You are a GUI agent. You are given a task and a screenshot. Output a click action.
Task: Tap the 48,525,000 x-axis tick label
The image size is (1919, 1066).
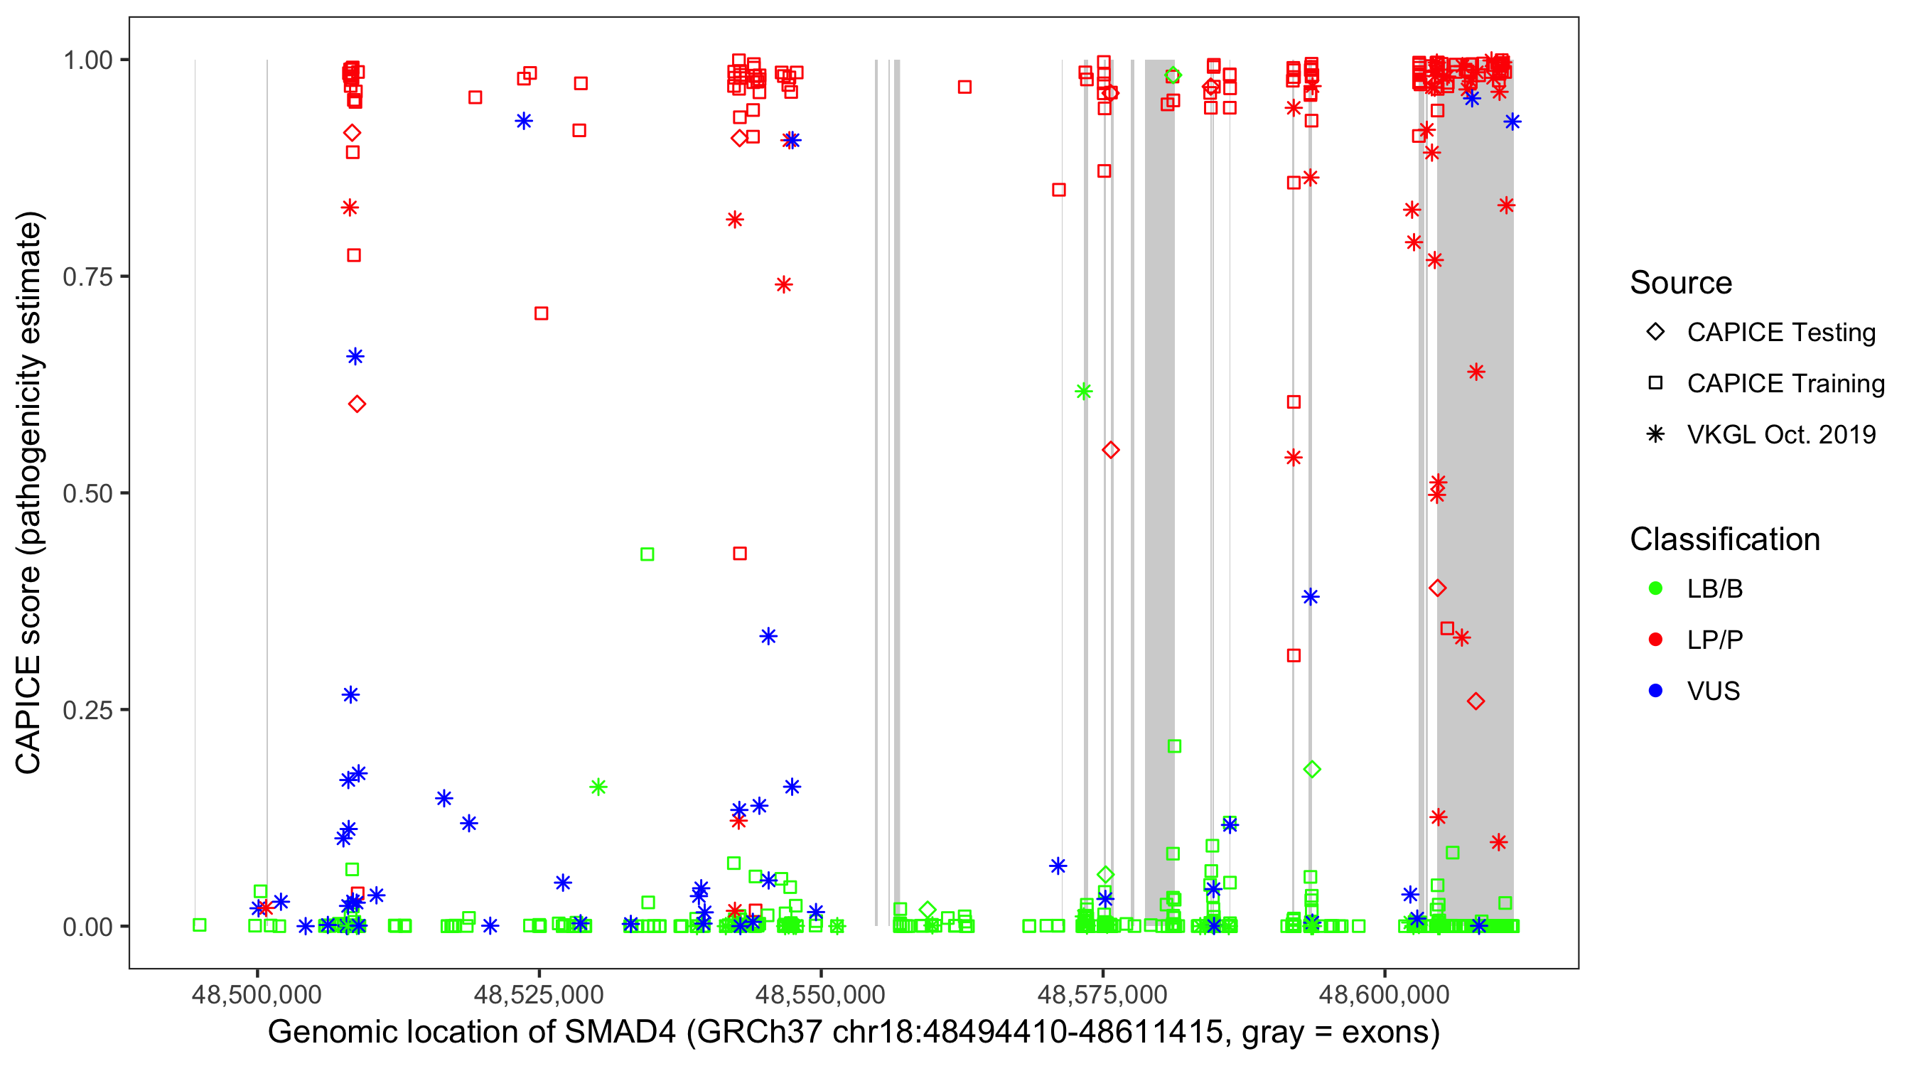coord(539,994)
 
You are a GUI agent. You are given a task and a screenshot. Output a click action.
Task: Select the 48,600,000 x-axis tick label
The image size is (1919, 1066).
coord(1384,994)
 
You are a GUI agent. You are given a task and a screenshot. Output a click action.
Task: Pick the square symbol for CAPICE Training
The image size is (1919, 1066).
coord(1655,384)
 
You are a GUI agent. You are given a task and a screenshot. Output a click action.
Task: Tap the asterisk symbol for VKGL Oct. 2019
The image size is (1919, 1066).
coord(1655,434)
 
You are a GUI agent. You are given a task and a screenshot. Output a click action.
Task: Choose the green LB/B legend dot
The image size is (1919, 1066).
coord(1655,588)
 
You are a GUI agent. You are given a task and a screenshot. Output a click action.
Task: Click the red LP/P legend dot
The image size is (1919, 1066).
coord(1655,640)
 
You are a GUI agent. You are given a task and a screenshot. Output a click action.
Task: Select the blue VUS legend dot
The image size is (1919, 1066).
coord(1655,691)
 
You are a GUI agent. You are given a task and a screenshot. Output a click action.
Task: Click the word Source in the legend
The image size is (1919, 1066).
coord(1681,283)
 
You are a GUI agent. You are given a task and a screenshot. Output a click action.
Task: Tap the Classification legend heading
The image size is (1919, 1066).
coord(1724,539)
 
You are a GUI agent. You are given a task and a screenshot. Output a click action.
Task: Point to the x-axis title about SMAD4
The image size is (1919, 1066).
coord(853,1033)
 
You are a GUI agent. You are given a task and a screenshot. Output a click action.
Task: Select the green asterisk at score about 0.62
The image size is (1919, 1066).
coord(1084,391)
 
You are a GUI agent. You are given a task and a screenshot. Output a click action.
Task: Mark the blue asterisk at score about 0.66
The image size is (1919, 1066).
coord(355,356)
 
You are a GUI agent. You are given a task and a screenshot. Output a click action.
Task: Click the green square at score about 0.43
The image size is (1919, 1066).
coord(647,554)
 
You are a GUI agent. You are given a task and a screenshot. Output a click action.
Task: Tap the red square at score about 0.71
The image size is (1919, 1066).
coord(542,313)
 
